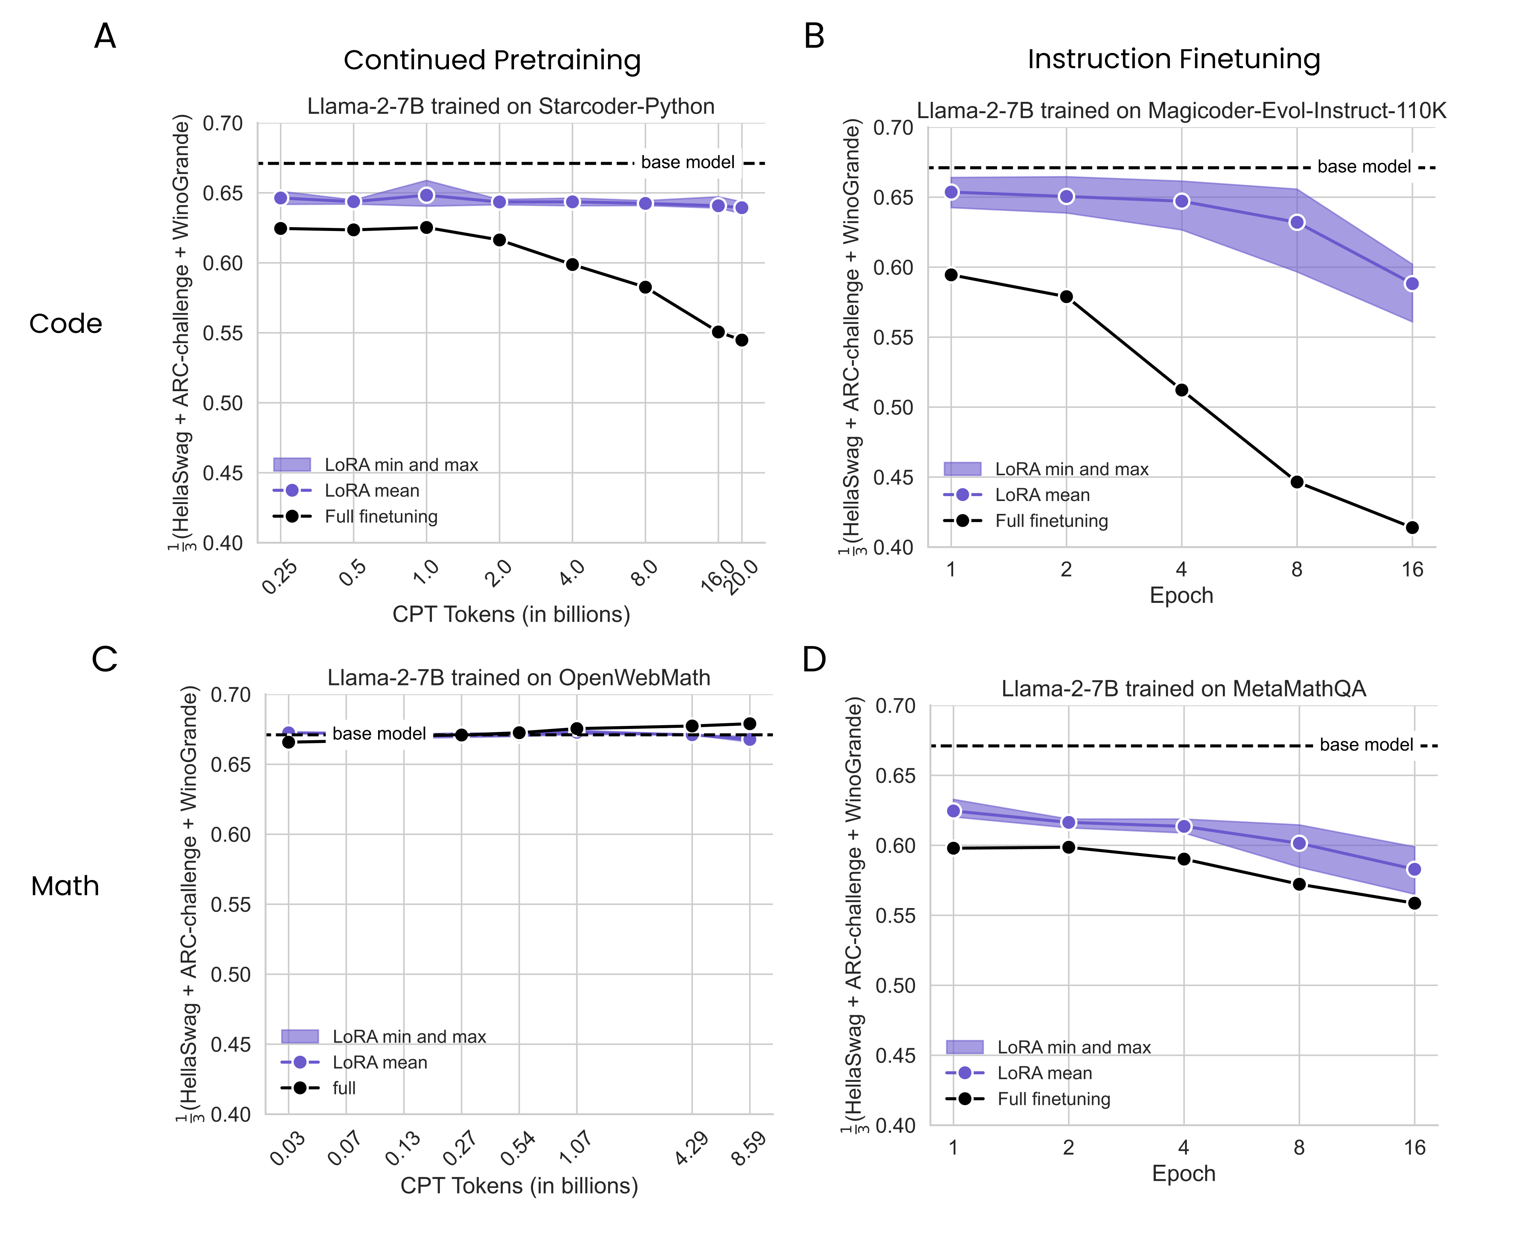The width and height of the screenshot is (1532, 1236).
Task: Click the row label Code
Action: click(x=66, y=323)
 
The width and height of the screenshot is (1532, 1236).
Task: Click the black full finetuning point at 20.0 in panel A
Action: click(x=741, y=340)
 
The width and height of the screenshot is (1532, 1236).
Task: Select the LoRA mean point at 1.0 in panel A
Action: click(x=426, y=195)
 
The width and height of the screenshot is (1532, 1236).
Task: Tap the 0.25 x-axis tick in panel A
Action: click(x=280, y=577)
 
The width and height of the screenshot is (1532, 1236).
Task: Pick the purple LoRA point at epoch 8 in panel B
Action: click(x=1296, y=222)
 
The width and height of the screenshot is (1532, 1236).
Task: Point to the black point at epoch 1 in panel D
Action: click(x=953, y=848)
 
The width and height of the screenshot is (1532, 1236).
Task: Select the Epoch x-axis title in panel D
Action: click(x=1183, y=1174)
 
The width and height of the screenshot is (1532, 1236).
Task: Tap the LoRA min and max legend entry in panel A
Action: click(x=400, y=465)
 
